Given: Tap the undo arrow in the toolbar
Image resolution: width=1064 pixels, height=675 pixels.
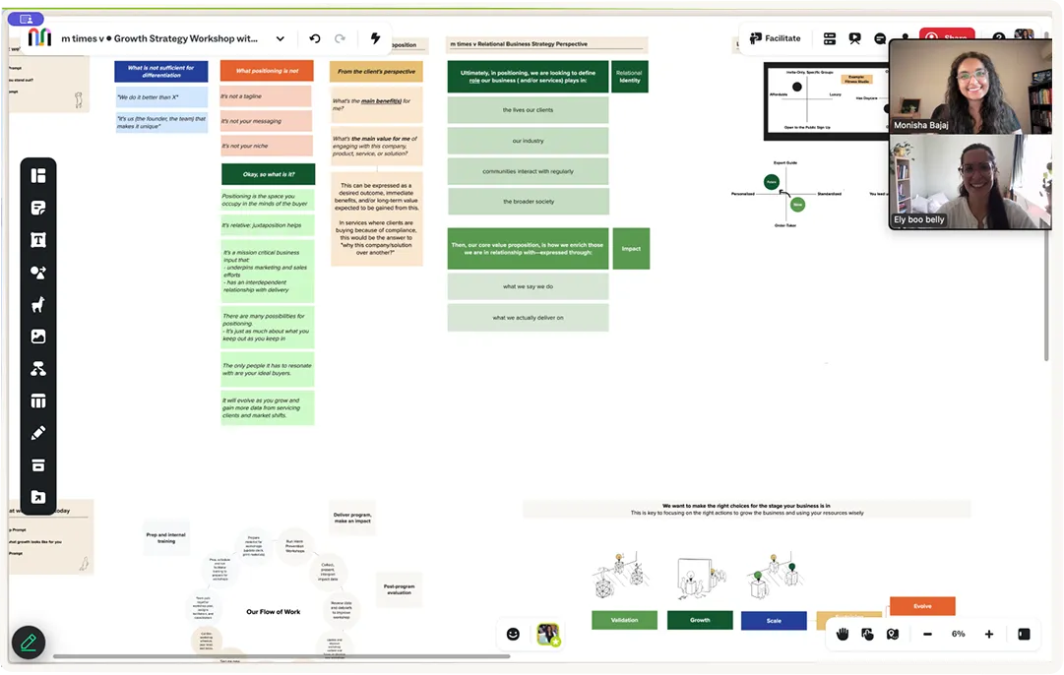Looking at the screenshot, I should pyautogui.click(x=315, y=38).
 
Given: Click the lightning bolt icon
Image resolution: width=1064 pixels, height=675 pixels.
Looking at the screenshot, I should pyautogui.click(x=375, y=38).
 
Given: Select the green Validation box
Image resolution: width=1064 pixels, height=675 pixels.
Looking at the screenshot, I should pyautogui.click(x=624, y=620).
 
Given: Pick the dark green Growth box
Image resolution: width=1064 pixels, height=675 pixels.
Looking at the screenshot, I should pyautogui.click(x=700, y=620).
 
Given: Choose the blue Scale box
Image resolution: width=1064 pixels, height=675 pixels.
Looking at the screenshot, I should pyautogui.click(x=774, y=621).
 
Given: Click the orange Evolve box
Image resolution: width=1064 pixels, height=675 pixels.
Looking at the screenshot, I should pyautogui.click(x=922, y=606).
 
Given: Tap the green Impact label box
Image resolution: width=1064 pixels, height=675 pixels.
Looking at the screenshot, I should pyautogui.click(x=631, y=249).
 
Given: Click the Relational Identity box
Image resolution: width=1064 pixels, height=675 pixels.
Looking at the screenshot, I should pyautogui.click(x=629, y=77).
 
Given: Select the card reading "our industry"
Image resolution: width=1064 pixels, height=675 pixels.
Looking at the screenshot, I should pyautogui.click(x=528, y=141).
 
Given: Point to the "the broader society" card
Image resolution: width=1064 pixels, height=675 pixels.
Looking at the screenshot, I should pyautogui.click(x=529, y=202).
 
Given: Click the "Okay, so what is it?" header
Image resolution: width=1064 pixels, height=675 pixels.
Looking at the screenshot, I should pyautogui.click(x=268, y=174).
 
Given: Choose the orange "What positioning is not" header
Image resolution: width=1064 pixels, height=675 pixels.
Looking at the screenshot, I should pyautogui.click(x=267, y=71).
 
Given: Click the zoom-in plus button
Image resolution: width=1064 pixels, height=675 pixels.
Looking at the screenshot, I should pyautogui.click(x=989, y=635).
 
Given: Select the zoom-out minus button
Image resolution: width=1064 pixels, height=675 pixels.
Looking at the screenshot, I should pyautogui.click(x=927, y=635).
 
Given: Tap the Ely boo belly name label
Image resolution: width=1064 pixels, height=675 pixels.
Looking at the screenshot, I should pyautogui.click(x=919, y=219).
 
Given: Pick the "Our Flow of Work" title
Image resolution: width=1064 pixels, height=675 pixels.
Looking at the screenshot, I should pyautogui.click(x=274, y=612).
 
